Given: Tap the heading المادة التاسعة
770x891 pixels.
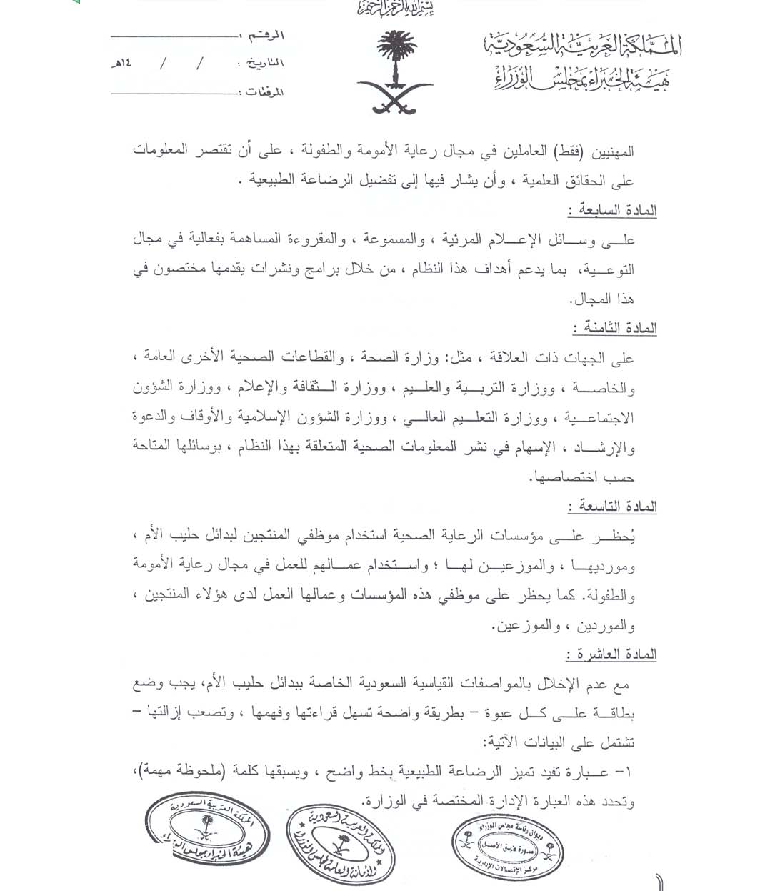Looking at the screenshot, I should tap(613, 507).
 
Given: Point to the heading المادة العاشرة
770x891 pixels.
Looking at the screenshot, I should tap(612, 654).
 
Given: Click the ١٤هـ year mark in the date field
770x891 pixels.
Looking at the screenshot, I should tap(121, 64).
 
